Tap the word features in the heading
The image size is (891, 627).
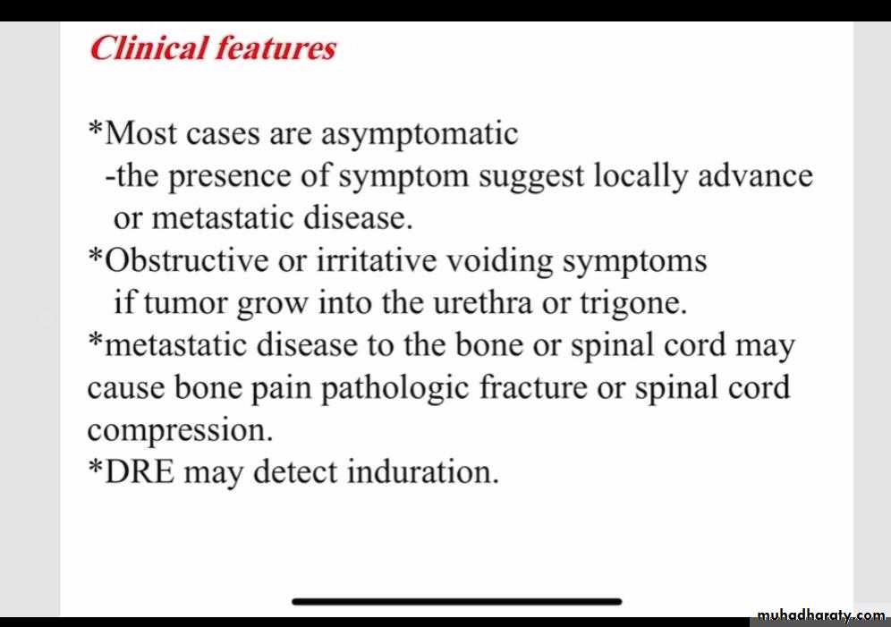(275, 47)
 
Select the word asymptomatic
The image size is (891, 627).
(420, 135)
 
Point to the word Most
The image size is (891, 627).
(141, 133)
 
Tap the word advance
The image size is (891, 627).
(755, 175)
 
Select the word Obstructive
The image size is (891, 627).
(186, 260)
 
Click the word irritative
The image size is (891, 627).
(377, 260)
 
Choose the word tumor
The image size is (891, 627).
(184, 303)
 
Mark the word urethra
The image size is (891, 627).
(482, 302)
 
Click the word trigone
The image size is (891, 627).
(633, 304)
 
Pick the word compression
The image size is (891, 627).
(180, 431)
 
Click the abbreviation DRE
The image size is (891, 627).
(140, 472)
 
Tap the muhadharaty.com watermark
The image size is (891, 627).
(821, 615)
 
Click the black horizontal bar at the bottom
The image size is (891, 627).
(457, 601)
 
